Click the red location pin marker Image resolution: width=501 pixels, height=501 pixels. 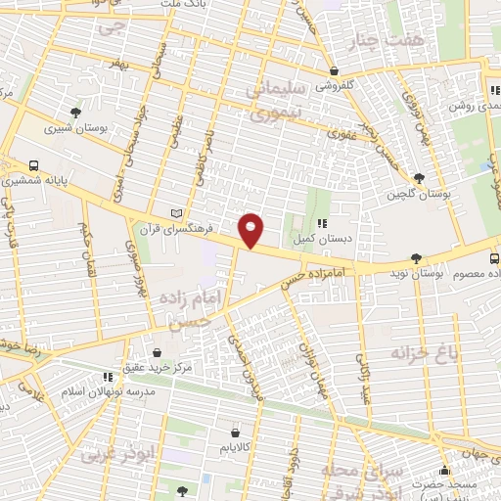251,229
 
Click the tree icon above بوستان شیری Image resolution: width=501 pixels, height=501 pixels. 75,112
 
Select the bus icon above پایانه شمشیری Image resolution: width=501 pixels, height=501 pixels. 34,165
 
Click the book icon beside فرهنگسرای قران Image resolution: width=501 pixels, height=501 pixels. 176,213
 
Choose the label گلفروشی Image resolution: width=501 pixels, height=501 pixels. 336,85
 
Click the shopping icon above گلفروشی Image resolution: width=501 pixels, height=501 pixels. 335,70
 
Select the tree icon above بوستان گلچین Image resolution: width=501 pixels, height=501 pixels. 419,178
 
